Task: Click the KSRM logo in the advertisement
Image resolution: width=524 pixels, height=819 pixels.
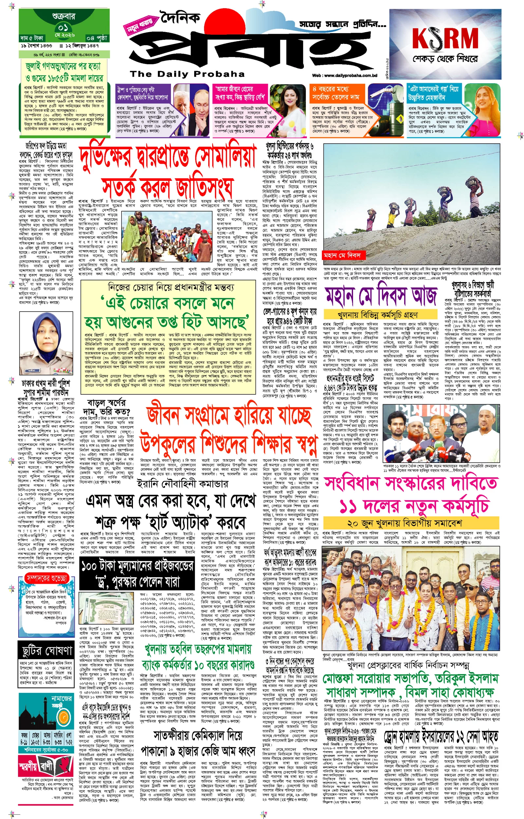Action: point(445,38)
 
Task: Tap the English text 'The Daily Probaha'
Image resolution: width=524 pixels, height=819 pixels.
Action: point(187,74)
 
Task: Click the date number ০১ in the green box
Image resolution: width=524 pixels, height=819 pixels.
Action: point(63,27)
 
